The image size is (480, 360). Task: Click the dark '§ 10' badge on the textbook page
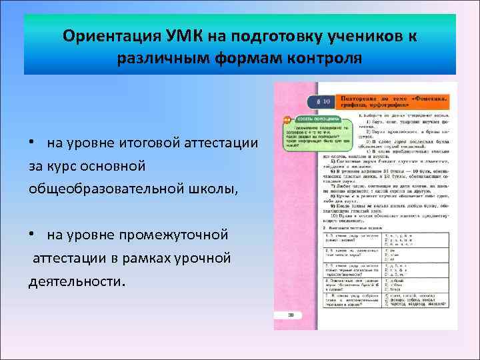coord(323,102)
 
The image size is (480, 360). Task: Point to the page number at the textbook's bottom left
coord(291,315)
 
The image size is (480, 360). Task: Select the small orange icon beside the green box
coord(287,120)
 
